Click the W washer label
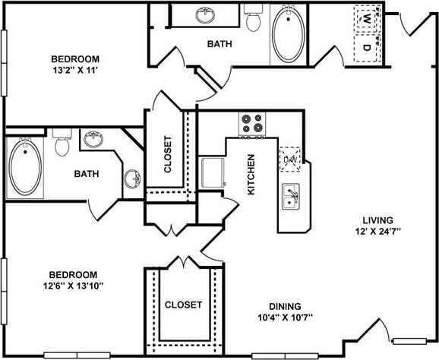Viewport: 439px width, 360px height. point(367,17)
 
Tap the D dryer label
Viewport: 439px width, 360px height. point(367,47)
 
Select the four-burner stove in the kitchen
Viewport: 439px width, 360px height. point(252,125)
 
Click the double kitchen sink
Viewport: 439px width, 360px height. point(290,197)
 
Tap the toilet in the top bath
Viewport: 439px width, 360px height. point(254,19)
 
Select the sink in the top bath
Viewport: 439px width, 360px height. point(204,15)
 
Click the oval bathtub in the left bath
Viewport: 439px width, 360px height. point(26,167)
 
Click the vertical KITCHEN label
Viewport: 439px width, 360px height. point(251,175)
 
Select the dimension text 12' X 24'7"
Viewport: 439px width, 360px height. point(374,230)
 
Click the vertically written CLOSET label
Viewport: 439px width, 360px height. point(169,154)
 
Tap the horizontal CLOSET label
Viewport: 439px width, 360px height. point(183,305)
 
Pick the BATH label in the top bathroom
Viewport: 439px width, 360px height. point(219,44)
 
